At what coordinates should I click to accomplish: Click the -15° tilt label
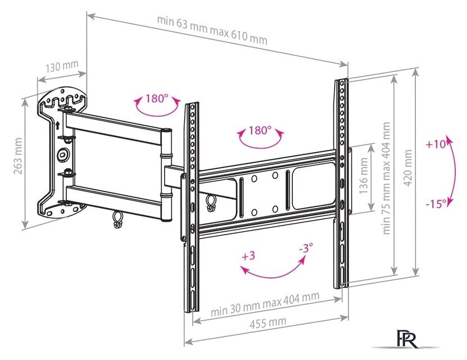point(436,203)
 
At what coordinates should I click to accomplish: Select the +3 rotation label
point(248,256)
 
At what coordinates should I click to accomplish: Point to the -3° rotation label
point(305,248)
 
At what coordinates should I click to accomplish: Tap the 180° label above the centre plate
point(260,130)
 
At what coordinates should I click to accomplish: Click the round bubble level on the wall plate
point(62,153)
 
